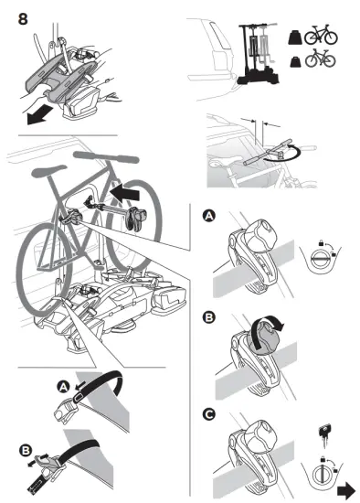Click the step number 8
point(23,19)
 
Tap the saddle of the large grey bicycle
point(48,170)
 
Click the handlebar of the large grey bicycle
point(106,156)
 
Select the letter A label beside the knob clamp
point(208,216)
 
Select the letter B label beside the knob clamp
point(208,317)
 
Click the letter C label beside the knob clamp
point(208,415)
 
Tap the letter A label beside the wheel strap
point(63,387)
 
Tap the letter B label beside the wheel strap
point(25,450)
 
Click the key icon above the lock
point(324,434)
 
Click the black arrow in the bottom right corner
point(346,490)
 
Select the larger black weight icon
point(295,37)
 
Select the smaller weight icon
point(295,61)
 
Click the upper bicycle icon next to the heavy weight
point(321,35)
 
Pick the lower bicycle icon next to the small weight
point(320,58)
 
